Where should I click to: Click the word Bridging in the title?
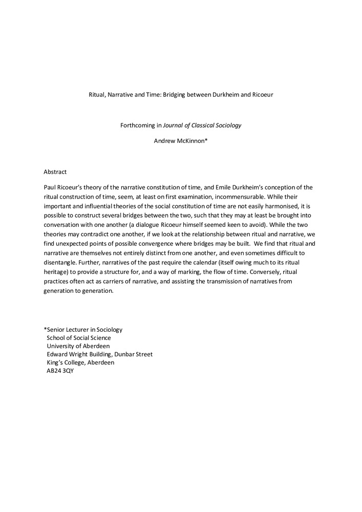[175, 95]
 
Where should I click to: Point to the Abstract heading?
[55, 172]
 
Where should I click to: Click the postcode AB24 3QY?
[60, 371]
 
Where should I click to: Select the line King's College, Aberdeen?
[80, 362]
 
